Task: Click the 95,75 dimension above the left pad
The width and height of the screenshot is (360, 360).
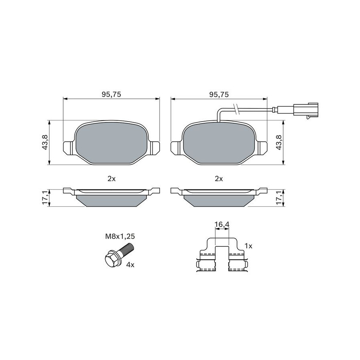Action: (111, 94)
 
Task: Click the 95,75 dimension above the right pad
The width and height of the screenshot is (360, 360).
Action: (219, 94)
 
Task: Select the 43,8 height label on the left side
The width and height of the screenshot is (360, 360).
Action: (45, 142)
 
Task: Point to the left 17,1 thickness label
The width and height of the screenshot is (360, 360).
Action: (45, 198)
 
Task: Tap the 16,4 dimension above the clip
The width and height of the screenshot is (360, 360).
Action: (222, 224)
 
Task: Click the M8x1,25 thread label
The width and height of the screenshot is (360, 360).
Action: (120, 236)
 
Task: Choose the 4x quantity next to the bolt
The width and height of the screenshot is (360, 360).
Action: (130, 265)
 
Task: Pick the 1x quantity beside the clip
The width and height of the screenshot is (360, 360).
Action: (248, 246)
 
